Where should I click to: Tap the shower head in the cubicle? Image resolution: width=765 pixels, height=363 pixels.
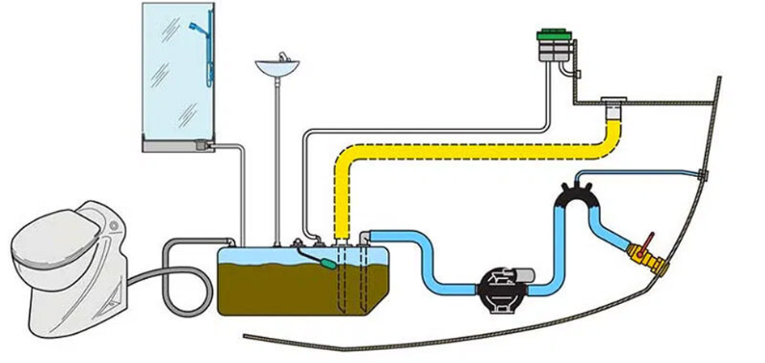point(193,27)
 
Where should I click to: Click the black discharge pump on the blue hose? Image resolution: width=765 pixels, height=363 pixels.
point(495,285)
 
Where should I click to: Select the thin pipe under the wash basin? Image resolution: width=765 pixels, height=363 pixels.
point(278,162)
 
